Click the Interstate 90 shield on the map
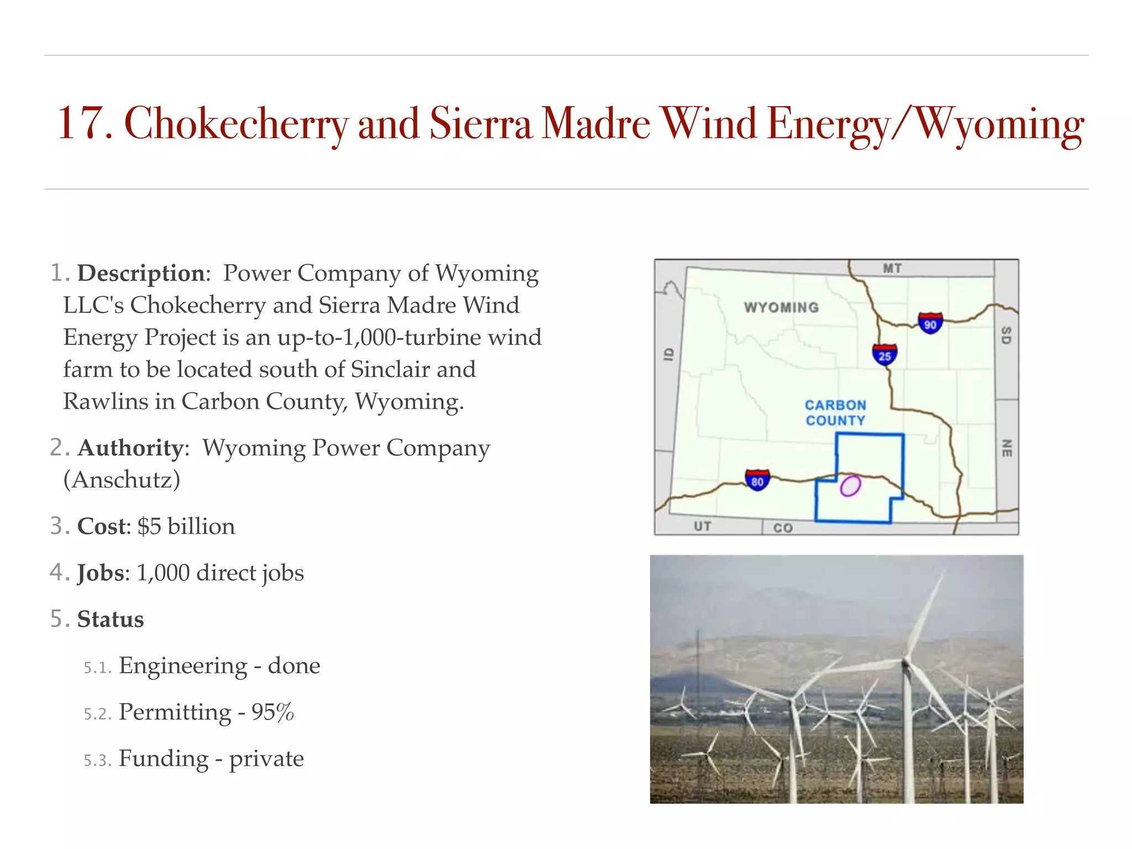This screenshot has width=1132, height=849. (x=930, y=323)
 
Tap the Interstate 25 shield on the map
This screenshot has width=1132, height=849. (x=884, y=355)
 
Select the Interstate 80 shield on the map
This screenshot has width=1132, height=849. (x=757, y=480)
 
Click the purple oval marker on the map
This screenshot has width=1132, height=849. (x=850, y=486)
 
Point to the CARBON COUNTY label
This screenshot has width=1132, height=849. (x=835, y=413)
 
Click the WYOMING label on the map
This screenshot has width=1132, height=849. (x=781, y=307)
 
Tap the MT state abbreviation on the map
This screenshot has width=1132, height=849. (x=892, y=269)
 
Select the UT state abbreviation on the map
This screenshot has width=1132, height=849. (x=703, y=526)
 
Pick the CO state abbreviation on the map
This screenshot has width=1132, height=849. (x=783, y=528)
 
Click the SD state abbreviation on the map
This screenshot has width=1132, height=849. (x=1007, y=335)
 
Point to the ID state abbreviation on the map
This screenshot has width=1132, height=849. (x=669, y=354)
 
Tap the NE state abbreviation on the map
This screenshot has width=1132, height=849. (x=1007, y=448)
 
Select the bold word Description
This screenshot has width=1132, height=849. (x=141, y=274)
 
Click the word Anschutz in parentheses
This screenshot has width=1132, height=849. (x=122, y=480)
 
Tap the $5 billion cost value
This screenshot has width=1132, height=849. (x=186, y=526)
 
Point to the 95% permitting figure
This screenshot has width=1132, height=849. (x=272, y=712)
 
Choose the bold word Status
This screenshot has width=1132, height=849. (x=111, y=619)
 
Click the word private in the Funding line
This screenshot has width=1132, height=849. (x=266, y=758)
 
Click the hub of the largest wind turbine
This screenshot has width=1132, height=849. (x=905, y=661)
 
